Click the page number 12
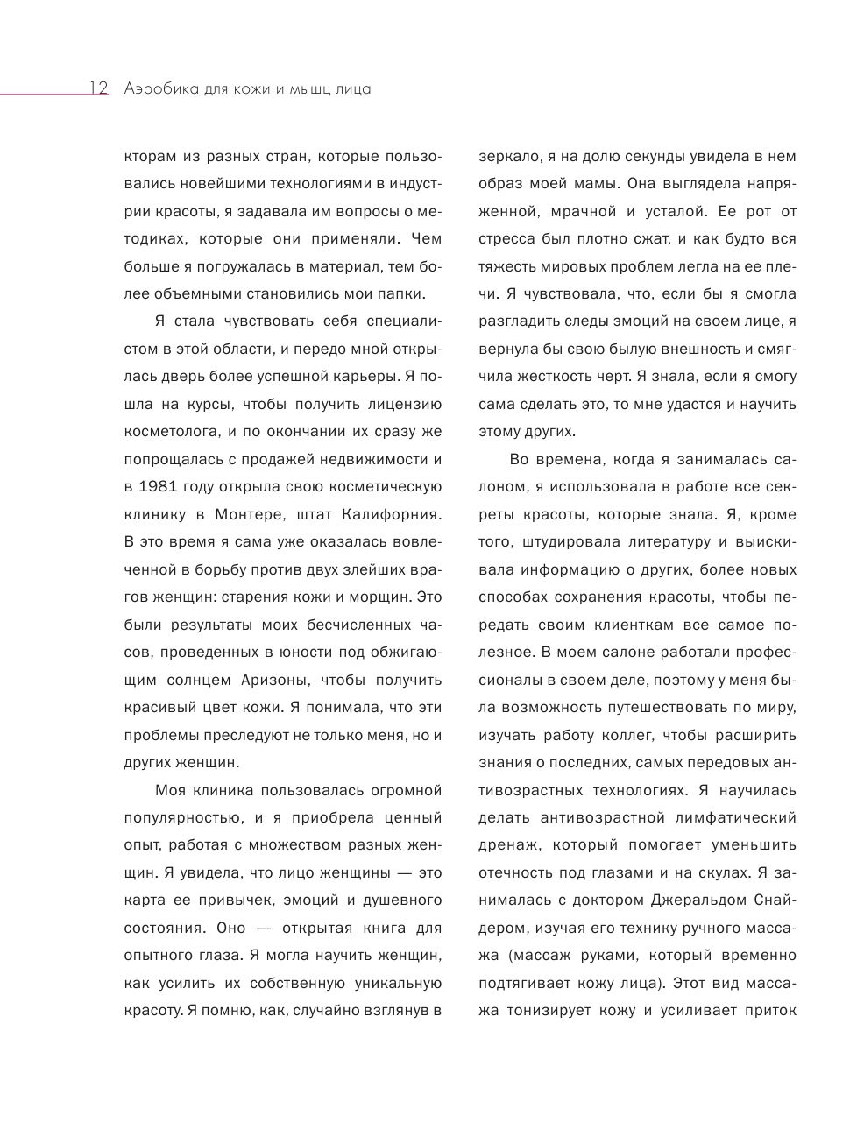97,88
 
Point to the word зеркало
505,157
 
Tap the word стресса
506,239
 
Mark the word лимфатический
739,817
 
